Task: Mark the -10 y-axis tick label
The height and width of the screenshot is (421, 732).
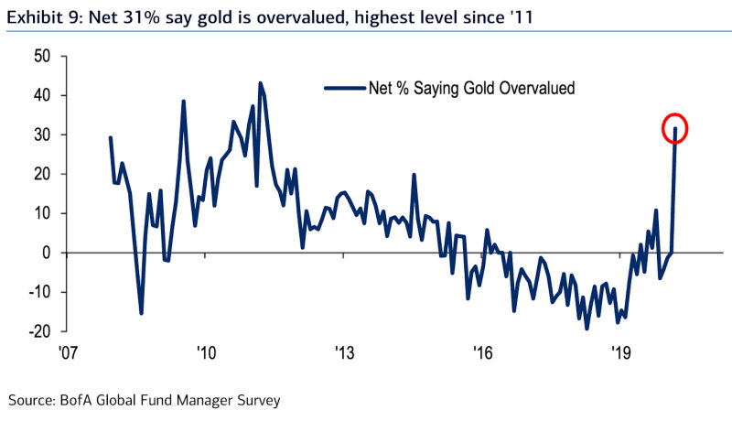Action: (41, 292)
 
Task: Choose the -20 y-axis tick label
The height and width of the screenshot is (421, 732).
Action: (41, 331)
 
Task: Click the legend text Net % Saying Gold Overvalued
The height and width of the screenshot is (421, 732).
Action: (470, 89)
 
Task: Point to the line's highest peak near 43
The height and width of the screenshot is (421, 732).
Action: (260, 83)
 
